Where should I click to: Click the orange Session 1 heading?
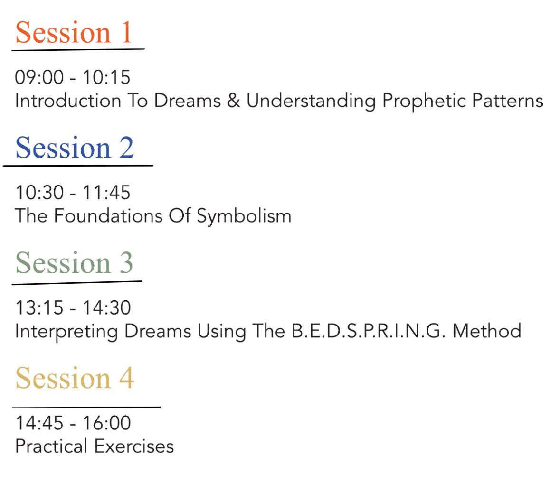tap(74, 32)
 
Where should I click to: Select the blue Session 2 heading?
tap(75, 147)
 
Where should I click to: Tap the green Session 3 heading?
tap(74, 262)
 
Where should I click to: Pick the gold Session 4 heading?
tap(75, 378)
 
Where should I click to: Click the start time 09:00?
tap(39, 77)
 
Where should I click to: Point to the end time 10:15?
tap(107, 77)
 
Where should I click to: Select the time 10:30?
tap(39, 192)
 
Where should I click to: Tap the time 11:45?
tap(107, 192)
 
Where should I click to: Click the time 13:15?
tap(39, 307)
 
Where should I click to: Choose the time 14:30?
tap(107, 307)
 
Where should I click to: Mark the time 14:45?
tap(39, 423)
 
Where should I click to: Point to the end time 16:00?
tap(107, 423)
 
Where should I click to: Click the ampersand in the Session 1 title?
tap(234, 100)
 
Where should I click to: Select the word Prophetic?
tap(424, 102)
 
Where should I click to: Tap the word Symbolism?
tap(244, 216)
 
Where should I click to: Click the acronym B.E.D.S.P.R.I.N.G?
tap(369, 331)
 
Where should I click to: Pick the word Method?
tap(487, 331)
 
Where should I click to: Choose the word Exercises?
tap(134, 446)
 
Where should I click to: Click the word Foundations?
tap(108, 215)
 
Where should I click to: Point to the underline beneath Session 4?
tap(86, 407)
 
